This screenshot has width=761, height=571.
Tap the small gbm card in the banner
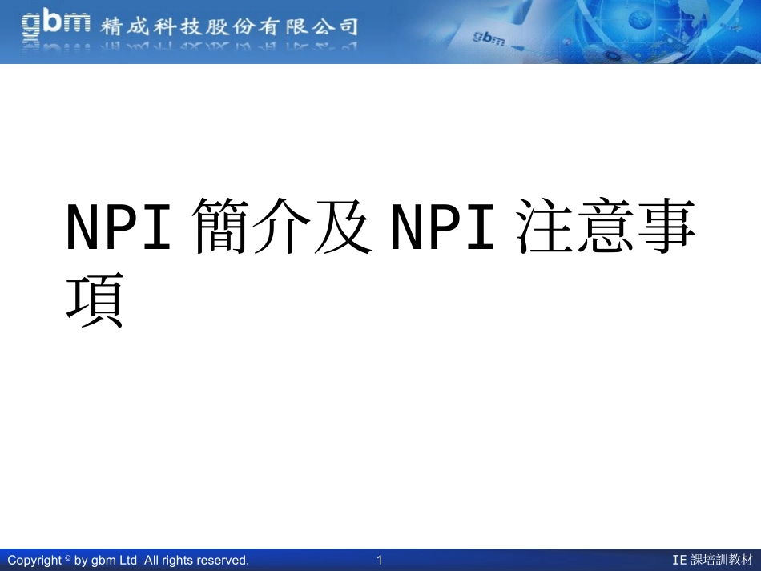tap(490, 38)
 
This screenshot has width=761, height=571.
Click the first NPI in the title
tap(119, 227)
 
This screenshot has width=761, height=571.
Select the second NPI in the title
tap(443, 227)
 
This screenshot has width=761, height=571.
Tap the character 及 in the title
tap(343, 227)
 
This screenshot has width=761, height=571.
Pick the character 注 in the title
tap(547, 227)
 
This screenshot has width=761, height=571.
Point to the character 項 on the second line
tap(95, 300)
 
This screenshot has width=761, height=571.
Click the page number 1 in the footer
tap(380, 560)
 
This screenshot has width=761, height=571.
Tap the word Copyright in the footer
tap(34, 560)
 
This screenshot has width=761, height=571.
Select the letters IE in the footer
tap(679, 560)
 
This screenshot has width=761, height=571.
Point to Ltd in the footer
tap(128, 560)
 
